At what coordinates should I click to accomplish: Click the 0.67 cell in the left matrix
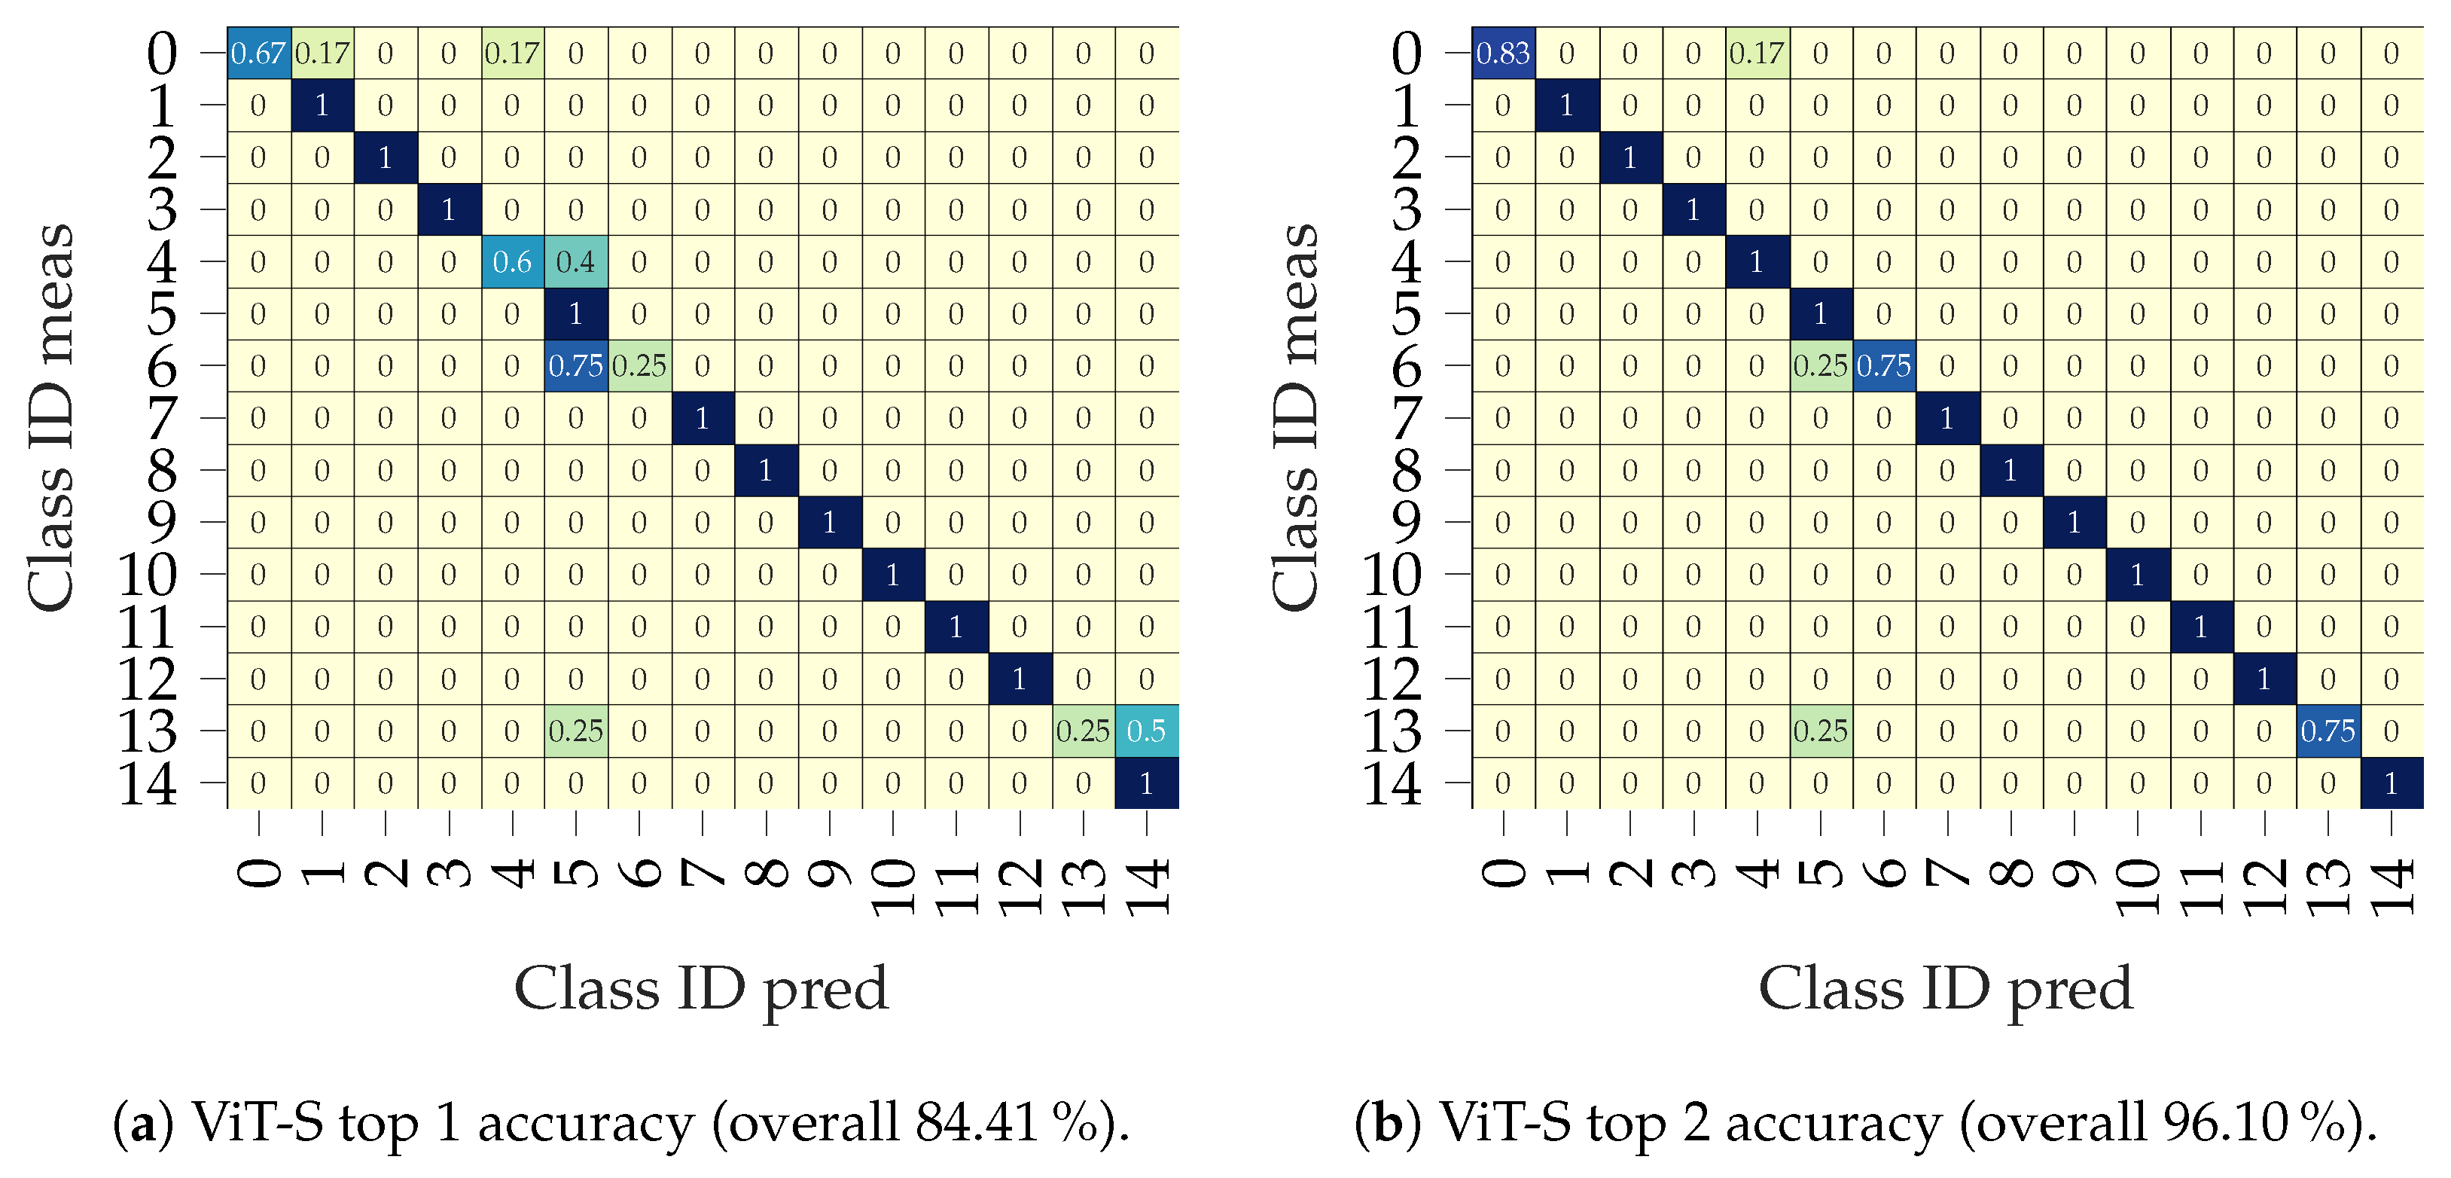[258, 53]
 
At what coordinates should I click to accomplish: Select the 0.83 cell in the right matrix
[1502, 53]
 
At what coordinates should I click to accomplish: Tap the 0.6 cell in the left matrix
[512, 261]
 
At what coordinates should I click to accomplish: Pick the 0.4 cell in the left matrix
[575, 261]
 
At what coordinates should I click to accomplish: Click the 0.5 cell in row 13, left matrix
[1147, 731]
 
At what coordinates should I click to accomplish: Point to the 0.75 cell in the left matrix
[575, 365]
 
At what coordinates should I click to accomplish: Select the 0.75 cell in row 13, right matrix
[2328, 731]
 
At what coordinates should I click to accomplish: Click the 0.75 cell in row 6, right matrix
[1883, 365]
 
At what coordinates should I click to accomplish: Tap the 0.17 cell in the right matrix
[1757, 53]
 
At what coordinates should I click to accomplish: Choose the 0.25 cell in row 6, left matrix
[639, 365]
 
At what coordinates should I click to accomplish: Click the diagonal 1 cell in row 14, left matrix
[1147, 783]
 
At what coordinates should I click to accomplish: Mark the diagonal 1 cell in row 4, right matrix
[1757, 261]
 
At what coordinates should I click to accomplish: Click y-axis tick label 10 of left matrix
[147, 575]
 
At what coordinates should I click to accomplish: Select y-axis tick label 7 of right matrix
[1407, 418]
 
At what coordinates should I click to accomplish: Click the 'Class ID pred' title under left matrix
[701, 989]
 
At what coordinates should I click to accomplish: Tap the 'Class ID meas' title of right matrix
[1296, 418]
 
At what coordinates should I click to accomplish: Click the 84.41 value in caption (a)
[975, 1123]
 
